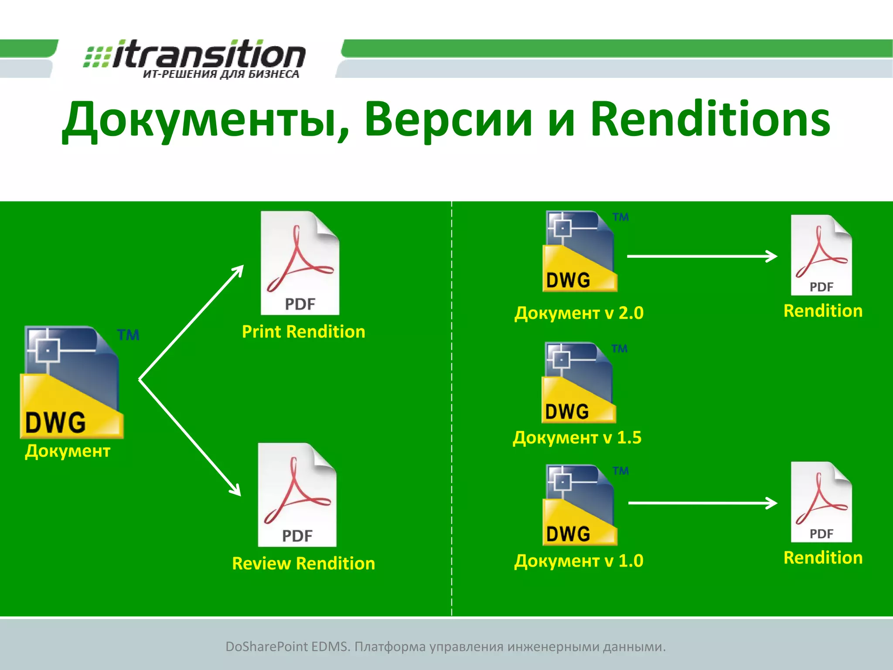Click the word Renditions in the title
click(710, 120)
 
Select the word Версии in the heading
click(448, 120)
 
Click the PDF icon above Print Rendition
click(300, 263)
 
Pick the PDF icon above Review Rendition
click(297, 495)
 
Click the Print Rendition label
click(303, 332)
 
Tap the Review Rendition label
click(303, 564)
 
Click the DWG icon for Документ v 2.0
click(579, 252)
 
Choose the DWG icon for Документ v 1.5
click(578, 383)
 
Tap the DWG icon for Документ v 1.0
click(579, 505)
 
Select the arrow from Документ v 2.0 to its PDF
click(702, 256)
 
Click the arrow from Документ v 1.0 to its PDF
click(702, 503)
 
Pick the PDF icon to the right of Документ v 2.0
click(821, 256)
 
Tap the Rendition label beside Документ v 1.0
click(823, 558)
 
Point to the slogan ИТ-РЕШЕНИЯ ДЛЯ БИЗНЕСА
click(221, 74)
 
